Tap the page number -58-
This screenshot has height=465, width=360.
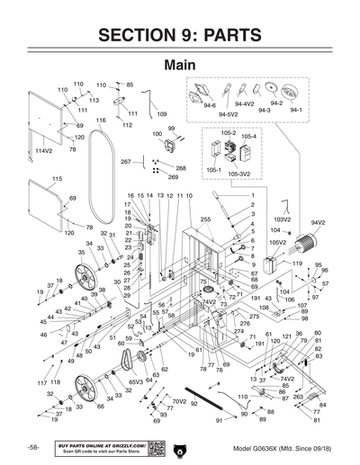[31, 448]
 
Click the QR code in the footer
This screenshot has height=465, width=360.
[155, 447]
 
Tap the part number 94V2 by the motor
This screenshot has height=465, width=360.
[319, 222]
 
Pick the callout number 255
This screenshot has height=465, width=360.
[205, 219]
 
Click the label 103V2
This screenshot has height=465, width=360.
[282, 219]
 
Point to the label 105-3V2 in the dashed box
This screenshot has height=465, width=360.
[238, 173]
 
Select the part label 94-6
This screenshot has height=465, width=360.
[210, 105]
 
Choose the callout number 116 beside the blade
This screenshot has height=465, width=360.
[102, 120]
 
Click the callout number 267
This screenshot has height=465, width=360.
[125, 162]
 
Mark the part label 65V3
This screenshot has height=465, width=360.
[135, 382]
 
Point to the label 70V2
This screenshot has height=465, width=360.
[179, 401]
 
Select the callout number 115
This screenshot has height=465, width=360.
[57, 179]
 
